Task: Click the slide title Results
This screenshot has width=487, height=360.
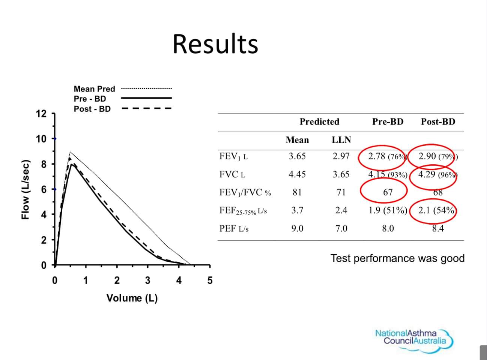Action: pos(215,44)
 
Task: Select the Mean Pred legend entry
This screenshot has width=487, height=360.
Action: pos(94,89)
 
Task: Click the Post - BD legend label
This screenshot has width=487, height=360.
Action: pos(92,109)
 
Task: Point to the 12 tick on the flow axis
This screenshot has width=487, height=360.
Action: pos(41,114)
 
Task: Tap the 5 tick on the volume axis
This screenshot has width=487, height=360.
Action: pos(210,280)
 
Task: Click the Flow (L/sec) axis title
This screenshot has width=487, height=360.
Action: pos(25,189)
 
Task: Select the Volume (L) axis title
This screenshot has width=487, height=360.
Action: pos(132,298)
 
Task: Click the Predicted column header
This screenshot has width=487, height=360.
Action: pos(319,121)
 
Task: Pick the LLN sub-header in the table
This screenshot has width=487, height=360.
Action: pos(341,140)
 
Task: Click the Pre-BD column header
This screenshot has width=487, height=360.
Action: pos(388,121)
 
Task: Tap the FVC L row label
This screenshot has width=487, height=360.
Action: pos(232,174)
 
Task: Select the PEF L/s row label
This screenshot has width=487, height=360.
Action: pos(234,228)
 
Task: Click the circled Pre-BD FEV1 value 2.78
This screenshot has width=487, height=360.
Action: pos(377,156)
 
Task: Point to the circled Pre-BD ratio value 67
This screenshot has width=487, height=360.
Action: pos(388,192)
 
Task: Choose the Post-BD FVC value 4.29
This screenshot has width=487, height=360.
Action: pos(427,174)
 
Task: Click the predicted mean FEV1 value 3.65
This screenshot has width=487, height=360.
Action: pos(297,156)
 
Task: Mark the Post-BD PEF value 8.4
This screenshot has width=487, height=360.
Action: pos(438,228)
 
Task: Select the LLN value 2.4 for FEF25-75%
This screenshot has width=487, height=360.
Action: pos(341,210)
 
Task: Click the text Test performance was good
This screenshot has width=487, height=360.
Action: pos(397,258)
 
